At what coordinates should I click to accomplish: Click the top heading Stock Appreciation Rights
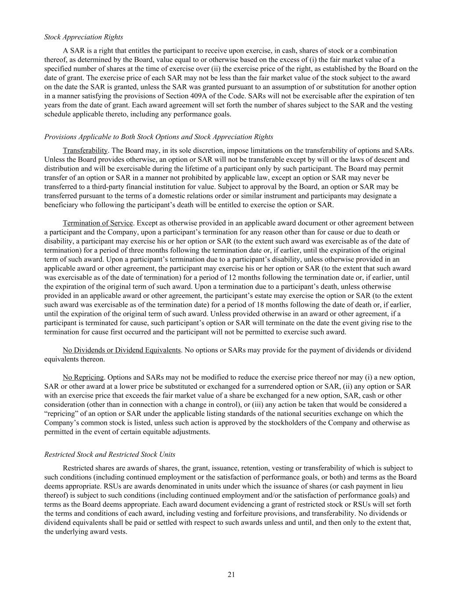pos(83,37)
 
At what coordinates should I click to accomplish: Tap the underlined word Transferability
pos(85,151)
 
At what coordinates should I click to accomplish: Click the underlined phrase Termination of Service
pos(97,223)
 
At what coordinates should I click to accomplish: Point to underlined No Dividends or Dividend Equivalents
pos(122,350)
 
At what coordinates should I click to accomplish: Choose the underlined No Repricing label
pos(83,377)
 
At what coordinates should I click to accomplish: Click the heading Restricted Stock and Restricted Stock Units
pos(110,454)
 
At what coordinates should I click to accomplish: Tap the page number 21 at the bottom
pos(231,575)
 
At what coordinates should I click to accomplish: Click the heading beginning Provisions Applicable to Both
pos(158,137)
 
